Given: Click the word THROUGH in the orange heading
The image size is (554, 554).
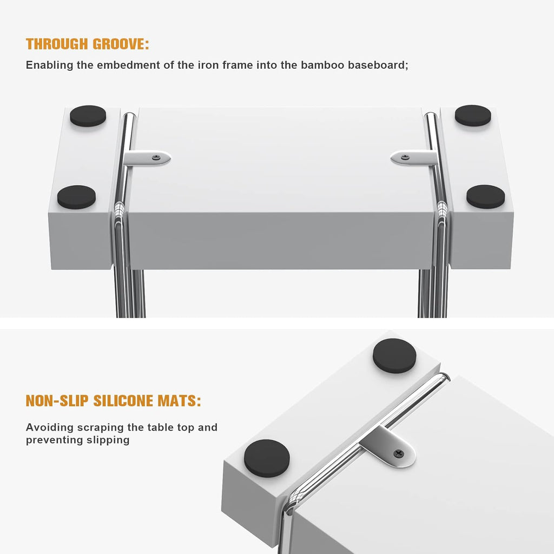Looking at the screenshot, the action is (57, 44).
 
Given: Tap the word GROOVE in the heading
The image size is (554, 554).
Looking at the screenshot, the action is (118, 44).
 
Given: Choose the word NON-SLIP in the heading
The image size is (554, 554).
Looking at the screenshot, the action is (57, 401).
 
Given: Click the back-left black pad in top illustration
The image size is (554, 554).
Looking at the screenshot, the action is (88, 116).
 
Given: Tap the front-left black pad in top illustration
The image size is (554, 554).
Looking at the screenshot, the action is (77, 197).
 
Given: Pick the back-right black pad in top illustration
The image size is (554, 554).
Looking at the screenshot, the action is (473, 116).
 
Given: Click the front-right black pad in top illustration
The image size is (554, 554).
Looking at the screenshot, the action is (485, 196).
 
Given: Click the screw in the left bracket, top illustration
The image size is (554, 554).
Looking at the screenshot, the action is (156, 157).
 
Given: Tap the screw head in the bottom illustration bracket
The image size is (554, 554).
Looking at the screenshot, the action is (398, 453).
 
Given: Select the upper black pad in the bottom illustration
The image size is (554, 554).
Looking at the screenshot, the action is (394, 356).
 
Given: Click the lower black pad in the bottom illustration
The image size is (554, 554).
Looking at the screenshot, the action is (267, 459).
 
